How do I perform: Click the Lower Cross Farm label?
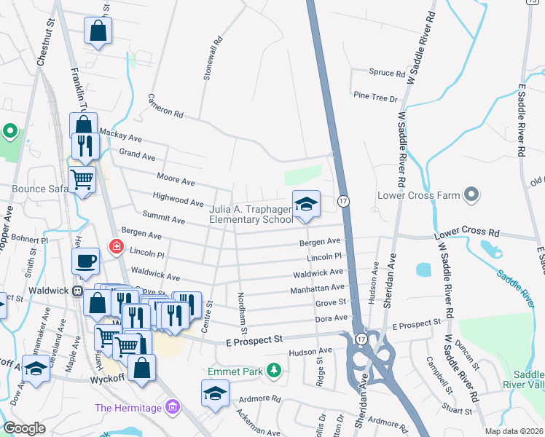419,195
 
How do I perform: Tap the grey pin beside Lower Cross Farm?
471,194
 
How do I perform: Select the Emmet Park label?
235,371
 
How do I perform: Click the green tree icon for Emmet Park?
274,371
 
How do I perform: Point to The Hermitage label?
129,406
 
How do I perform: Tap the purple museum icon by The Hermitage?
172,406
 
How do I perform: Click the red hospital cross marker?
115,247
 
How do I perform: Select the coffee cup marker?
85,260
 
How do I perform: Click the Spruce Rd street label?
387,74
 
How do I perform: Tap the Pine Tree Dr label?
375,97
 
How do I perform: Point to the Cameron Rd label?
165,106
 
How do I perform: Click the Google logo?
25,429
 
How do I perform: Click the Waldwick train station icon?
77,290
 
